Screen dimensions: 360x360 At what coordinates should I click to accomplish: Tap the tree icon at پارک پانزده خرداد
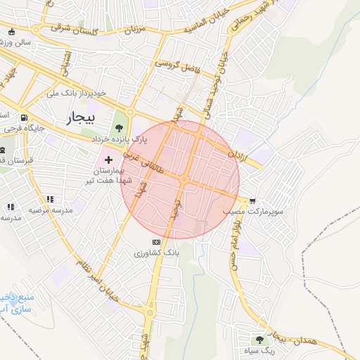pyautogui.click(x=119, y=128)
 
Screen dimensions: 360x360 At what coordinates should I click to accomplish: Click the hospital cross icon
pyautogui.click(x=108, y=160)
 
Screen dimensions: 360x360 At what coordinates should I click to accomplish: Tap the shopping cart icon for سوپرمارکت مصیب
pyautogui.click(x=252, y=200)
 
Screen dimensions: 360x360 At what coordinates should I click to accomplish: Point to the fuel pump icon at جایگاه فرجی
pyautogui.click(x=25, y=117)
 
